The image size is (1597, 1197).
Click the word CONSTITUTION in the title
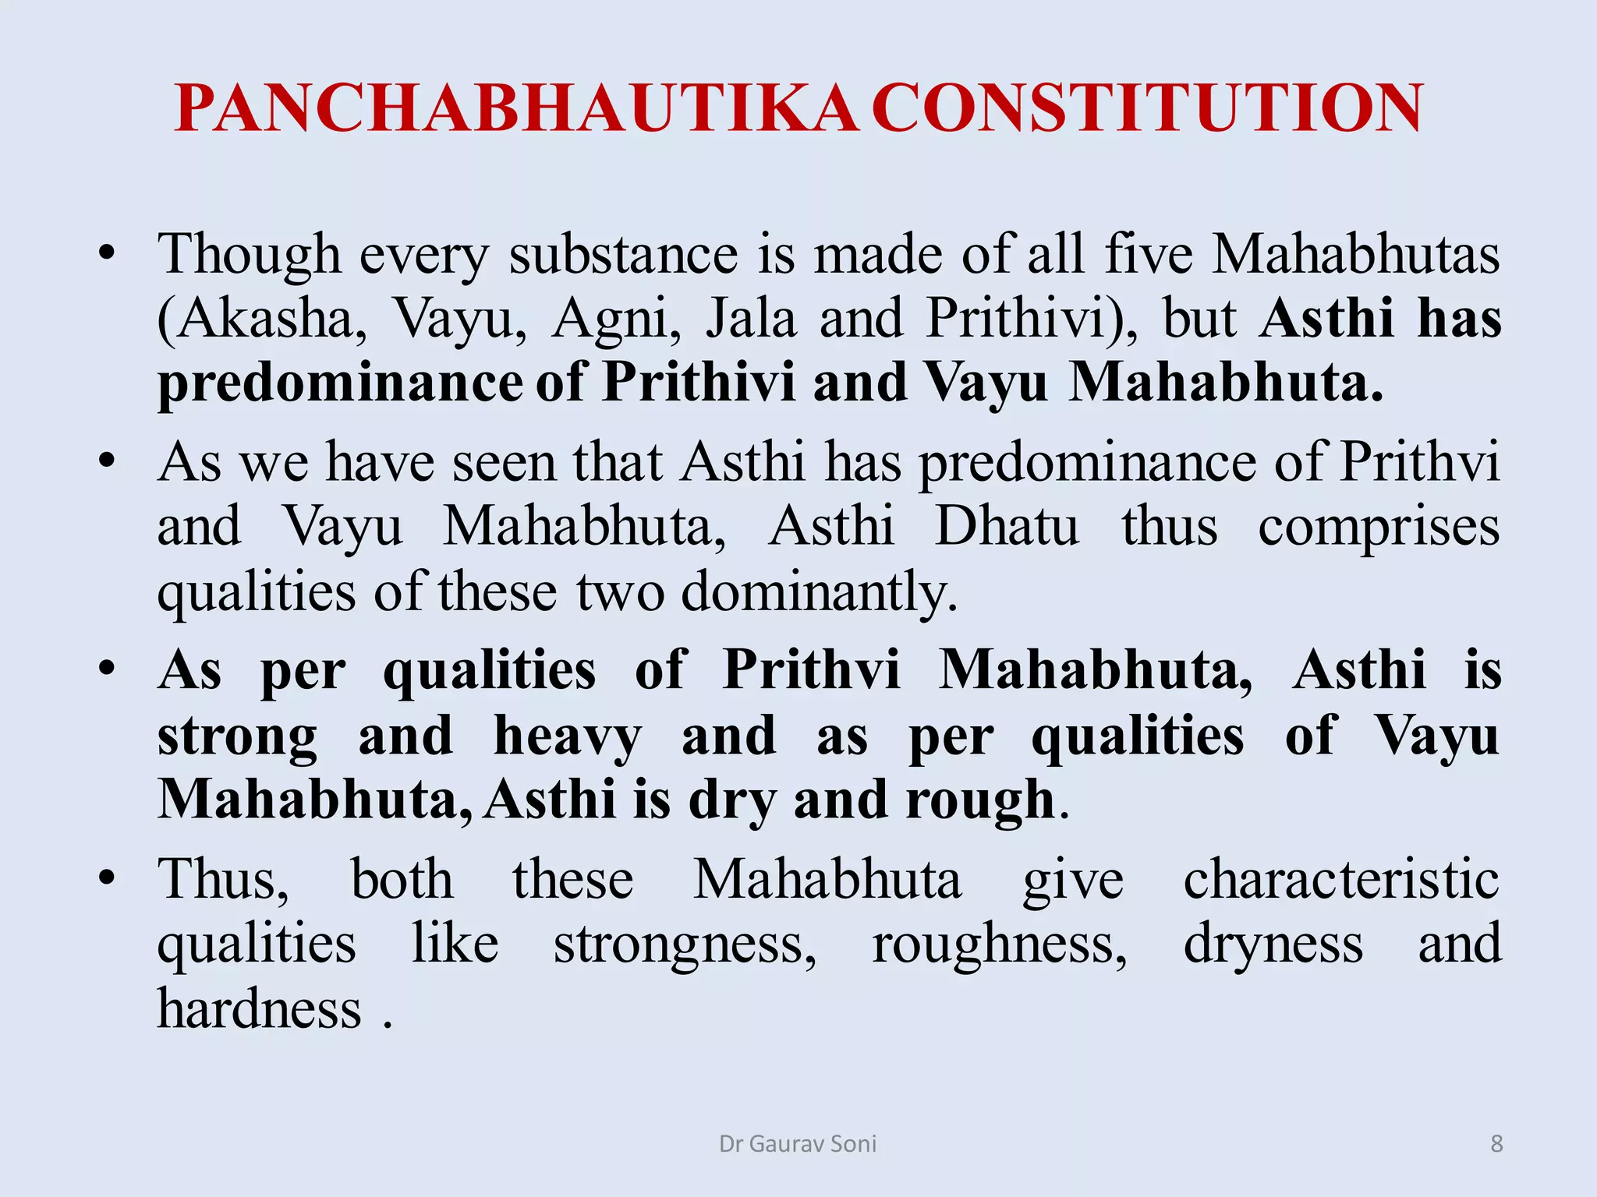[1147, 109]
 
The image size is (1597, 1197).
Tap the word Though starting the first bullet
[249, 255]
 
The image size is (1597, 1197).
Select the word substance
[623, 255]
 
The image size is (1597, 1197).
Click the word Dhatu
[1007, 527]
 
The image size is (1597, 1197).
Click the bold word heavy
[567, 736]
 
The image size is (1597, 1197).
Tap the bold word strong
[237, 736]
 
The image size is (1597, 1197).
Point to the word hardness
[259, 1009]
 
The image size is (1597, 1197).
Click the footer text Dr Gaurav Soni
[798, 1144]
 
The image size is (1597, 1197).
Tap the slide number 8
[1496, 1144]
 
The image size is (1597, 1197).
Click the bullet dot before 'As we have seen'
[107, 461]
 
